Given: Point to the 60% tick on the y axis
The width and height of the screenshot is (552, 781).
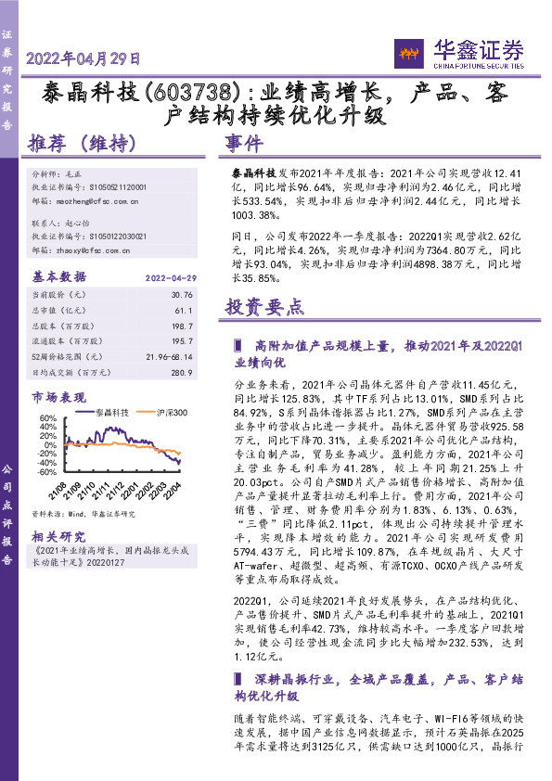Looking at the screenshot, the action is (x=46, y=419).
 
